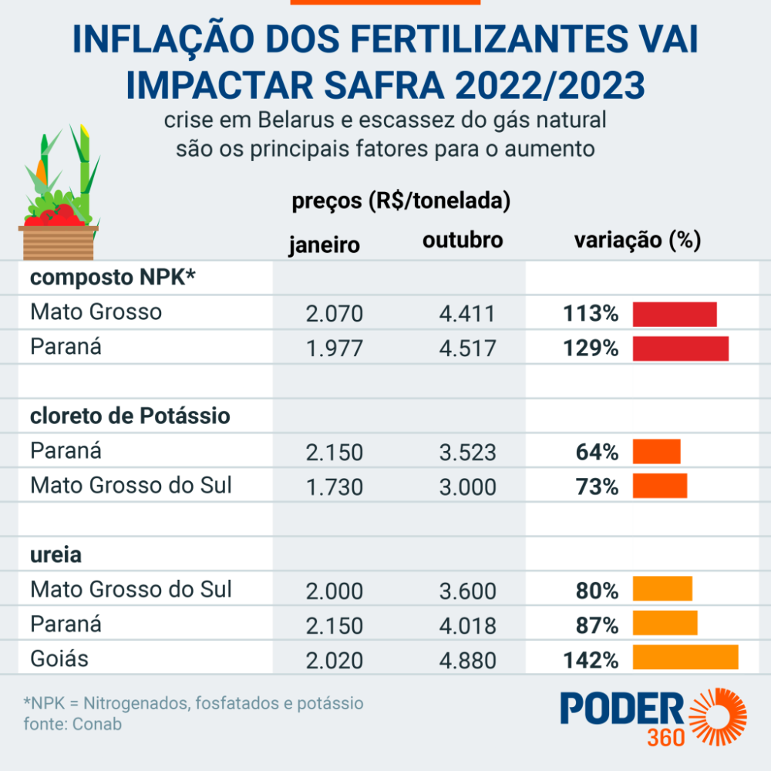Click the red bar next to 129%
click(681, 348)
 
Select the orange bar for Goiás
click(685, 658)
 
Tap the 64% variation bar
click(657, 452)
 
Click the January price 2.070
click(334, 315)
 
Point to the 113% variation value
click(591, 315)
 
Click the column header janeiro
click(325, 245)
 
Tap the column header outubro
click(463, 241)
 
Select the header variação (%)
click(637, 241)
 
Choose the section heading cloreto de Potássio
click(130, 416)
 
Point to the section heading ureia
click(56, 554)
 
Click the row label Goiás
click(59, 659)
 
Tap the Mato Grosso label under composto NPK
click(96, 312)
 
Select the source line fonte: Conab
click(72, 724)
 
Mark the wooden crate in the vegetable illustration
click(59, 244)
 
